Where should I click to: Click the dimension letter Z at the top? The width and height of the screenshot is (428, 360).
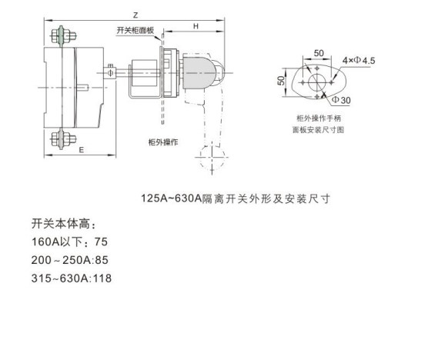135,15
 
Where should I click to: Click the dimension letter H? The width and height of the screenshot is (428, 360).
196,26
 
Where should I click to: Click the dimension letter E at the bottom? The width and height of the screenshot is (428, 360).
81,150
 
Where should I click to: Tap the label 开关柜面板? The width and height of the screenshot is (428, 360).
135,30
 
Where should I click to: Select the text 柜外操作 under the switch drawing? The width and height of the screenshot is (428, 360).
163,142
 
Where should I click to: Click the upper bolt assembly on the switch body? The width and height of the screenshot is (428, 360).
63,35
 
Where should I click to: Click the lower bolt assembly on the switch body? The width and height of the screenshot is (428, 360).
63,139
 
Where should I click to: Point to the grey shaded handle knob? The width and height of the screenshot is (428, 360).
199,73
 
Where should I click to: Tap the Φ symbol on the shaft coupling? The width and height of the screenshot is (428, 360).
110,73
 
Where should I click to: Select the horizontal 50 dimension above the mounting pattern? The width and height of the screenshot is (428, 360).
319,53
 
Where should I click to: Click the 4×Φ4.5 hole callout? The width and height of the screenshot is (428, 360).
359,60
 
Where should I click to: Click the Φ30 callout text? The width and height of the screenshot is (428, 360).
341,100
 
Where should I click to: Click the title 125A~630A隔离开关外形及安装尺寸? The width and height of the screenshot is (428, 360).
236,198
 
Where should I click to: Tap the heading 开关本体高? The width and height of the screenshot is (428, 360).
64,223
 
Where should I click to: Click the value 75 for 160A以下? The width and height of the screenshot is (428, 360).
101,242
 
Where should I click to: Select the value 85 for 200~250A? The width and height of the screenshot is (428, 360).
102,260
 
